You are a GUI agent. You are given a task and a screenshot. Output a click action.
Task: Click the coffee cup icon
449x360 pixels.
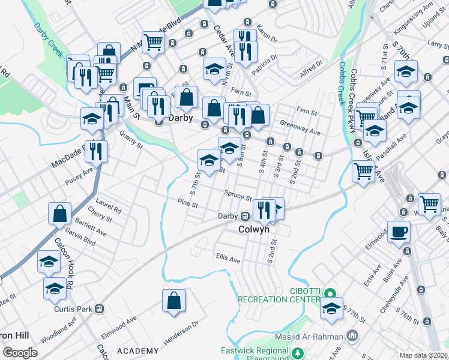tap(399, 232)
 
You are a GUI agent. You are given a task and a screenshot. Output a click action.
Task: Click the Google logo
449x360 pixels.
tap(20, 352)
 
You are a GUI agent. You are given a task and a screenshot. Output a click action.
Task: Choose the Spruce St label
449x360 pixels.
tap(238, 196)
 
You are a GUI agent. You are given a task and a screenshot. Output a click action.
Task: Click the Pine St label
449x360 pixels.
tap(187, 204)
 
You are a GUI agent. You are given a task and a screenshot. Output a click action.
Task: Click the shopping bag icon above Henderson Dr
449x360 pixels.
tap(173, 302)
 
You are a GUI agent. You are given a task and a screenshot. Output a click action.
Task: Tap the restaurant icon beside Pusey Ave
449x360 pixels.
tap(96, 152)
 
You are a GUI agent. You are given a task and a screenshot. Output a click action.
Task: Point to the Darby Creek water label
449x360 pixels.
tap(47, 40)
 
